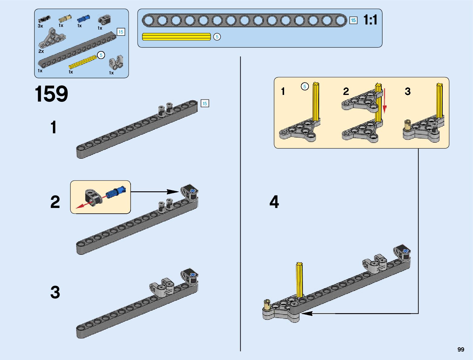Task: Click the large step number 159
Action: pos(51,94)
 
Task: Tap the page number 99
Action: pos(461,350)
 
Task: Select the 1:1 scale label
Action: pos(370,20)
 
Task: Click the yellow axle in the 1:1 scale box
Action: pos(176,37)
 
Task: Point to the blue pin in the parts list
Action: pos(82,19)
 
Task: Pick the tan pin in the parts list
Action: pos(65,18)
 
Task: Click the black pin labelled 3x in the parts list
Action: pos(44,19)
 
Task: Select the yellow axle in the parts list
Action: pos(83,62)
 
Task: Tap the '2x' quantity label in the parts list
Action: pos(41,51)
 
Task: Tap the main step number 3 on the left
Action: pos(55,293)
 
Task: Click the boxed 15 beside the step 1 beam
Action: pos(205,104)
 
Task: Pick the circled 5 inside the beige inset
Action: pos(305,87)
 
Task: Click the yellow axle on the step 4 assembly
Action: pos(300,280)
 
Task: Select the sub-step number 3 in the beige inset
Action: pos(407,91)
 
